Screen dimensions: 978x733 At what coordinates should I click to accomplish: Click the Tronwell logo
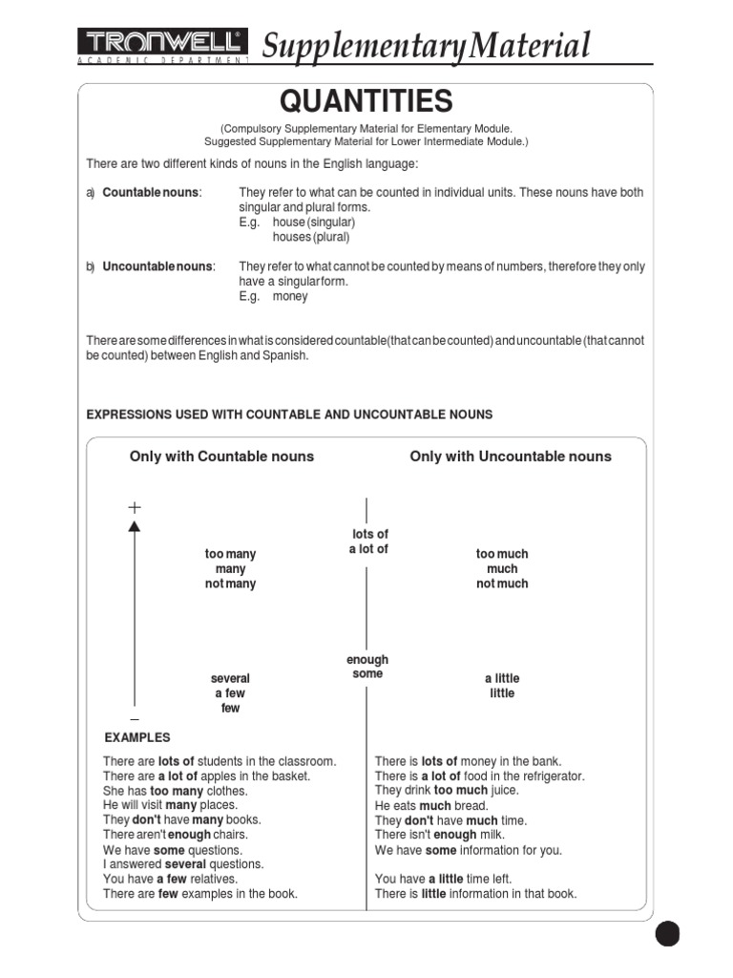(x=161, y=44)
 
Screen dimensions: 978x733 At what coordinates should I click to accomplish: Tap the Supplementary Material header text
(x=426, y=45)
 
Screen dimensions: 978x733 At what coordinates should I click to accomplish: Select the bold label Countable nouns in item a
(x=152, y=193)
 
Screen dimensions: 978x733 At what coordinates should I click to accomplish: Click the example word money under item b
(x=290, y=296)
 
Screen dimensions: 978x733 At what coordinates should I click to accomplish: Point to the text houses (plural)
(x=311, y=237)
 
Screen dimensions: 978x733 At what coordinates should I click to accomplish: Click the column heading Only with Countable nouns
(x=221, y=457)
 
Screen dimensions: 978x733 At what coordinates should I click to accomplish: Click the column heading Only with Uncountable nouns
(x=511, y=457)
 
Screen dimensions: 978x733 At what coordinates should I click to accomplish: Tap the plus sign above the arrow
(x=135, y=506)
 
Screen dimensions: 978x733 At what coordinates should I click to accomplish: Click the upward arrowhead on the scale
(x=135, y=524)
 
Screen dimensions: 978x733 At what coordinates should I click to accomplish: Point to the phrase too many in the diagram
(x=230, y=554)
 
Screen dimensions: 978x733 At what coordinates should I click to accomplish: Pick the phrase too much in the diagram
(x=502, y=554)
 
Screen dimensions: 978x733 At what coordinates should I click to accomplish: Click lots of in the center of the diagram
(x=370, y=534)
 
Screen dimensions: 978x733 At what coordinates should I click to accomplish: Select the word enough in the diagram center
(x=367, y=660)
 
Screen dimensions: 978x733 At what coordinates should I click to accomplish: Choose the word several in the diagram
(x=230, y=678)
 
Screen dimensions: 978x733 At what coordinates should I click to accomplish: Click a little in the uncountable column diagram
(x=502, y=678)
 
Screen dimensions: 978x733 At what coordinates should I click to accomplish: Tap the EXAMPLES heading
(x=137, y=737)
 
